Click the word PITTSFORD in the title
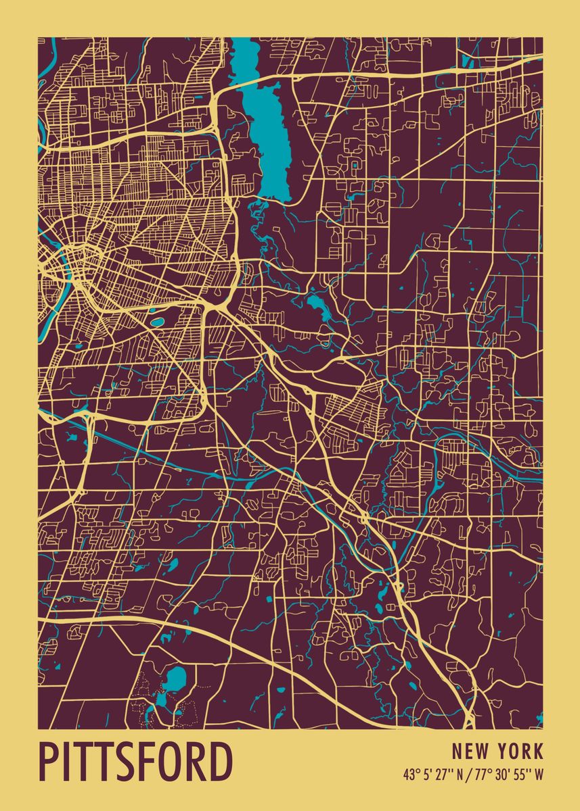(135, 762)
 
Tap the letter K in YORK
(538, 751)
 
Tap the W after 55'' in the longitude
(539, 775)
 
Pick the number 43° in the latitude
(411, 775)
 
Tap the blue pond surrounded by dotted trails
(175, 677)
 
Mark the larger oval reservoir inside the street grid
(157, 322)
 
